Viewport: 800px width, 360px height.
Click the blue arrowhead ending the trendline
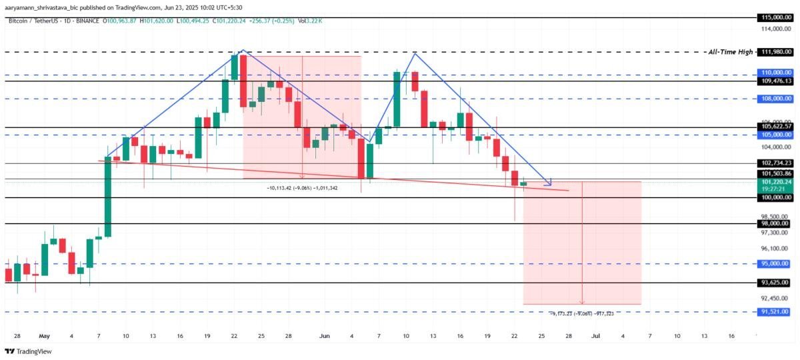549,183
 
